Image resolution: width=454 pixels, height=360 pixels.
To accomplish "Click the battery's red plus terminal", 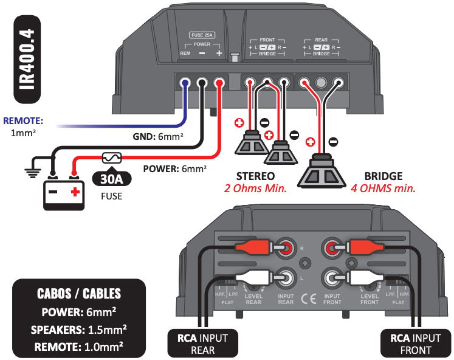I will (x=75, y=193).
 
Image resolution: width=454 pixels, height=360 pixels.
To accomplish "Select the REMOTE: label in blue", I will (x=23, y=120).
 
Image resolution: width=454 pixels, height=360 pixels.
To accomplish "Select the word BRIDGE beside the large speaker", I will (x=383, y=176).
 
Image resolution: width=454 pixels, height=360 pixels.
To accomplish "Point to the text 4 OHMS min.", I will (x=383, y=189).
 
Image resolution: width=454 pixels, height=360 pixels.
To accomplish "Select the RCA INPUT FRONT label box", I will (x=411, y=344).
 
